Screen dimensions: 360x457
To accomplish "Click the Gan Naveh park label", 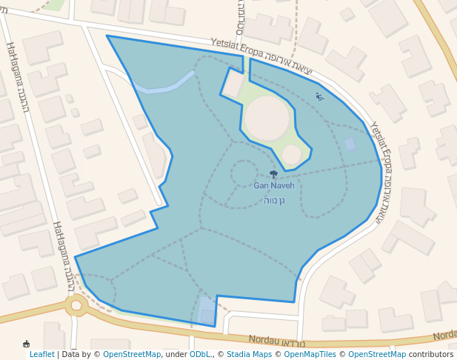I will (273, 185).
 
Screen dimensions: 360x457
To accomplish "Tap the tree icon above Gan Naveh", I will (273, 175).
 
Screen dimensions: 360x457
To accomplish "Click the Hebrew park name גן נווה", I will (273, 200).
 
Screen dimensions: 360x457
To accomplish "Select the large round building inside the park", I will (267, 118).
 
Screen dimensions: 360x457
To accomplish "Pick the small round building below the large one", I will (292, 154).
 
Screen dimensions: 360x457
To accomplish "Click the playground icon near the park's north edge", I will (320, 96).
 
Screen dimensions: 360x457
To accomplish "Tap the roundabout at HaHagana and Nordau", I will (76, 304).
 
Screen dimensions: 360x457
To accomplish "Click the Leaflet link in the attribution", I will (41, 354).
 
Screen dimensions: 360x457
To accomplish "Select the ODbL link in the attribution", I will (200, 354).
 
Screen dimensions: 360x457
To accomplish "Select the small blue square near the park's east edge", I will (349, 144).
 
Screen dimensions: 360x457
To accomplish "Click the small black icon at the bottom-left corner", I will (27, 344).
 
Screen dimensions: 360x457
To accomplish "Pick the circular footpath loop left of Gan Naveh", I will (244, 173).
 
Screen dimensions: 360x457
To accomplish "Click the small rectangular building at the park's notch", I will (232, 84).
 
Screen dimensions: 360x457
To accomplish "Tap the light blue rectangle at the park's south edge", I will (207, 310).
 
